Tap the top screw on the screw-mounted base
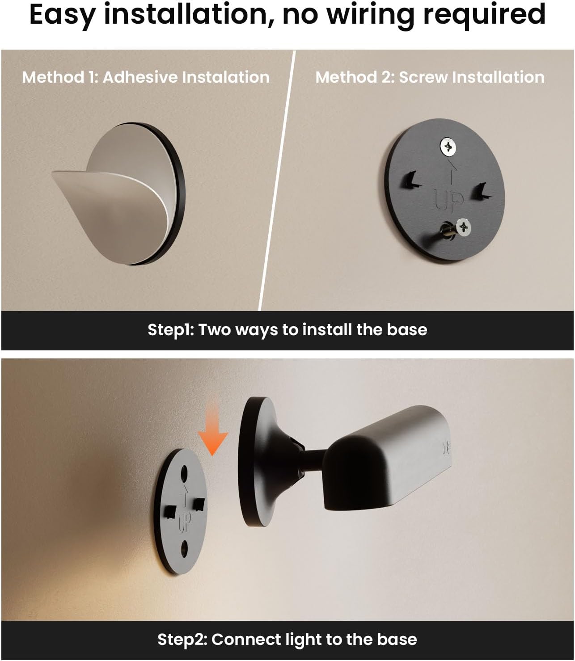pyautogui.click(x=448, y=147)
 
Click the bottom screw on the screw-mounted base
pyautogui.click(x=463, y=227)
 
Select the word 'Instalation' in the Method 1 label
pyautogui.click(x=226, y=77)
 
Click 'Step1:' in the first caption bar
pyautogui.click(x=171, y=330)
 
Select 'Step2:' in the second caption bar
pyautogui.click(x=182, y=640)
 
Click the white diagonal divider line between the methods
pyautogui.click(x=277, y=180)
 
